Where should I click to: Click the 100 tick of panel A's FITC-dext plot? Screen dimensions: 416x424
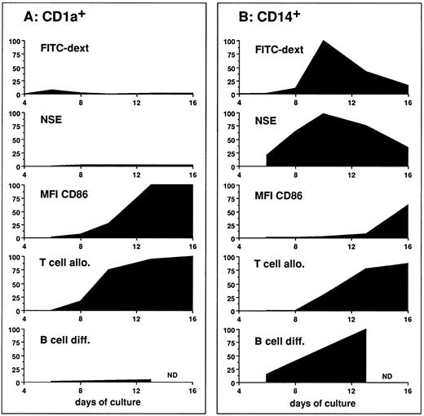coord(17,40)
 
